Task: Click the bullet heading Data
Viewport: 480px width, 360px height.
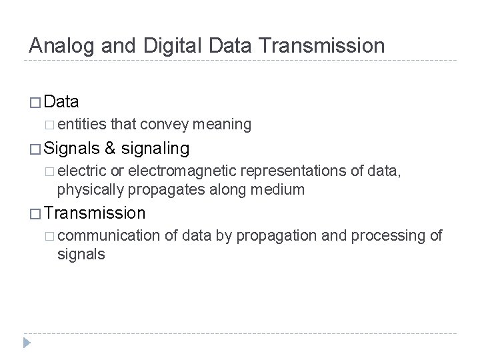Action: pos(63,102)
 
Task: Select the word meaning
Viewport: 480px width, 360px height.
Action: pos(219,124)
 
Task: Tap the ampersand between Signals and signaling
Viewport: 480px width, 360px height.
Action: pos(110,147)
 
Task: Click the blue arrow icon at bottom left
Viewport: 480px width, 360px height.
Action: pos(27,343)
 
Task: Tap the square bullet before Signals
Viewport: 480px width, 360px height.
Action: pos(35,147)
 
